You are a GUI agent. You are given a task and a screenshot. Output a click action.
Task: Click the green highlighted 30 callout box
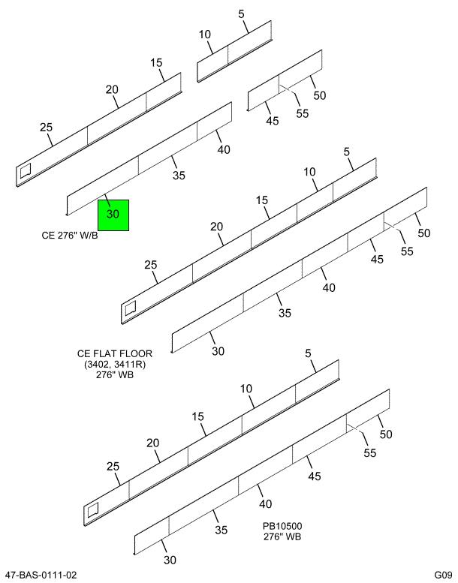pyautogui.click(x=113, y=215)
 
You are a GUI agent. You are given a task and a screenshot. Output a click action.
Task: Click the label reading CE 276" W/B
pyautogui.click(x=70, y=236)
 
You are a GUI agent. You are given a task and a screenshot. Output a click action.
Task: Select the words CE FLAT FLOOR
pyautogui.click(x=115, y=353)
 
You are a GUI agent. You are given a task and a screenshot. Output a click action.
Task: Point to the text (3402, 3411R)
pyautogui.click(x=115, y=365)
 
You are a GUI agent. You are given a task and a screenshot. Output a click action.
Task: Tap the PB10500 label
pyautogui.click(x=282, y=526)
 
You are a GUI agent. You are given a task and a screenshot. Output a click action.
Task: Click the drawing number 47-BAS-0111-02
pyautogui.click(x=41, y=575)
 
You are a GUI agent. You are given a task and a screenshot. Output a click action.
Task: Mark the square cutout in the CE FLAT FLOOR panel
pyautogui.click(x=131, y=307)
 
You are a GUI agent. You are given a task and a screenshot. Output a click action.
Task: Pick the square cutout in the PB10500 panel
pyautogui.click(x=93, y=509)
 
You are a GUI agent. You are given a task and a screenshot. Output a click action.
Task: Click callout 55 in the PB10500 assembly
pyautogui.click(x=369, y=453)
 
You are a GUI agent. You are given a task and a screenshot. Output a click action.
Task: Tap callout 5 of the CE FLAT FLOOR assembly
pyautogui.click(x=347, y=152)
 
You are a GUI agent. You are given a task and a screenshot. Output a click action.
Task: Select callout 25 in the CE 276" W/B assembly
pyautogui.click(x=47, y=128)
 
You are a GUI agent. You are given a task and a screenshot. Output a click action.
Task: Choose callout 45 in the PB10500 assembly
pyautogui.click(x=315, y=476)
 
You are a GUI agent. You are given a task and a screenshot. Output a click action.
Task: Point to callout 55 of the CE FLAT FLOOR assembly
pyautogui.click(x=407, y=251)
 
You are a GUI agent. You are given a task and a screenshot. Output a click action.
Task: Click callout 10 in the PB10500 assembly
pyautogui.click(x=246, y=389)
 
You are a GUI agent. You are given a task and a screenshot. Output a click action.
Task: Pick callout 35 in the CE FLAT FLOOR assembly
pyautogui.click(x=285, y=313)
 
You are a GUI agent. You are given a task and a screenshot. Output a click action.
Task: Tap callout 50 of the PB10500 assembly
pyautogui.click(x=386, y=434)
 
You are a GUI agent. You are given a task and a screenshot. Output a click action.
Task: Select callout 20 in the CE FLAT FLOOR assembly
pyautogui.click(x=216, y=227)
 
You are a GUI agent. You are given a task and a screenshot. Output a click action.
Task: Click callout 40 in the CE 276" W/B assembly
pyautogui.click(x=224, y=149)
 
